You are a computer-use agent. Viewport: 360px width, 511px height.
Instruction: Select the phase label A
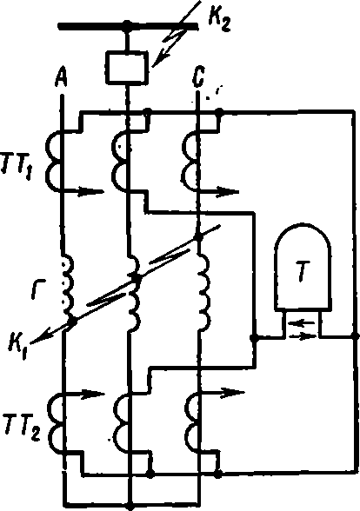click(61, 77)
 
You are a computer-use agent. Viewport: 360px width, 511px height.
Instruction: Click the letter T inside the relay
click(303, 275)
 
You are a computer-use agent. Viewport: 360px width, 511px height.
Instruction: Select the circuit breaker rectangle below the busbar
click(127, 68)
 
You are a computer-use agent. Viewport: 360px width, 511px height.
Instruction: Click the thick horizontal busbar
click(128, 26)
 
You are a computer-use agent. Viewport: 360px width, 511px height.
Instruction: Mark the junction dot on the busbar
click(127, 25)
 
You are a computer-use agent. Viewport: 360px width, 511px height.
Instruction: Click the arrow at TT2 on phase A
click(85, 394)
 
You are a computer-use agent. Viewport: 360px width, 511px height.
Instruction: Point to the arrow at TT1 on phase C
click(219, 191)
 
